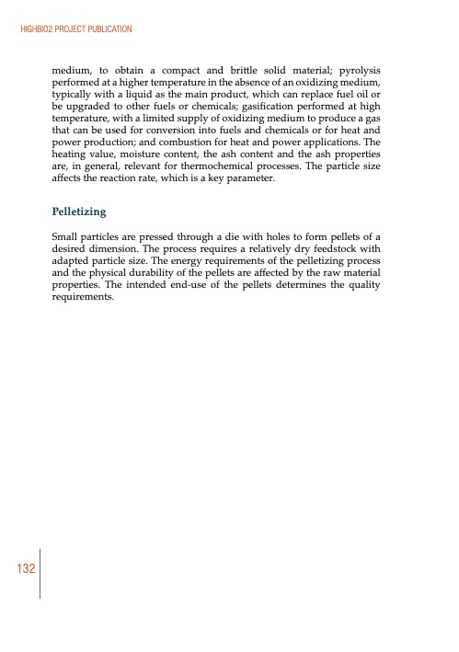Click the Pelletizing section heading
pyautogui.click(x=80, y=212)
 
